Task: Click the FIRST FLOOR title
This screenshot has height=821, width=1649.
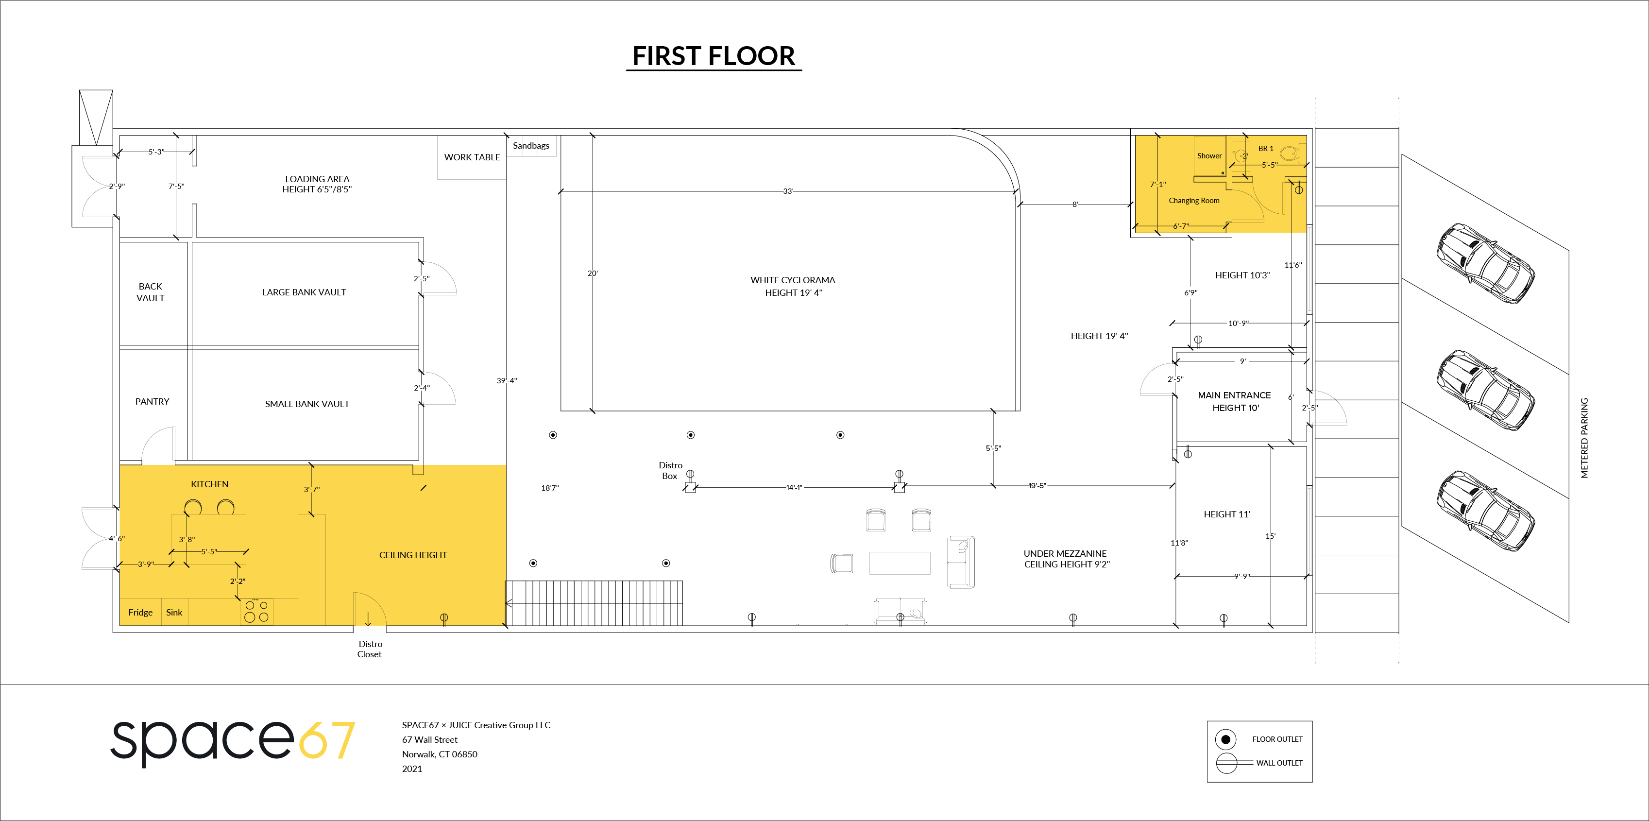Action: tap(714, 56)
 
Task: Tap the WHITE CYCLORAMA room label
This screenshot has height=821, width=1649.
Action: tap(793, 280)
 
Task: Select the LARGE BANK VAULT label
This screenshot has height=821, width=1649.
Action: tap(304, 292)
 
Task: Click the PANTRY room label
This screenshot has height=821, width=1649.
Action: tap(153, 402)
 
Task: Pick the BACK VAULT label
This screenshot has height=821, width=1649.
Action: tap(151, 292)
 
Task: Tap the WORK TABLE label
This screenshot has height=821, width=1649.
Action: tap(472, 157)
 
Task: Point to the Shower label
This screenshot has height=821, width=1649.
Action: tap(1209, 155)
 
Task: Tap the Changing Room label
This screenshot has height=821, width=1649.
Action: tap(1194, 201)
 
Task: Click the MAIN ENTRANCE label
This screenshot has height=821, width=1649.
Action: tap(1234, 395)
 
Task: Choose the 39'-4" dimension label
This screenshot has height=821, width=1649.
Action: tap(506, 380)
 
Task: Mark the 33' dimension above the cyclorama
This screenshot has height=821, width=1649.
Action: tap(788, 191)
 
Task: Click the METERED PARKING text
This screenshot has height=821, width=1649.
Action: tap(1584, 438)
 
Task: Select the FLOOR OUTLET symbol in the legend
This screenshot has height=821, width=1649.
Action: tap(1225, 739)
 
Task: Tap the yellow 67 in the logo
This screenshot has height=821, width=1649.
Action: tap(327, 740)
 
